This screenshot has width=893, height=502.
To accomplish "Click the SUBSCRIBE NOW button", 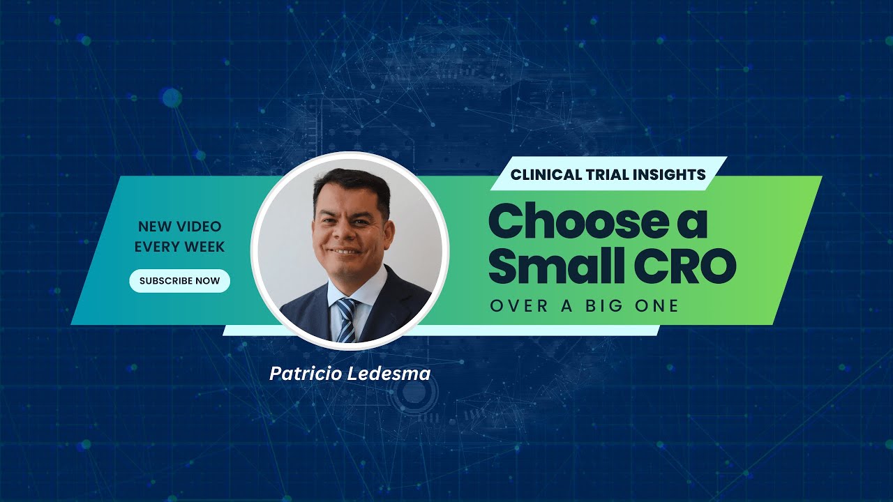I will [x=179, y=281].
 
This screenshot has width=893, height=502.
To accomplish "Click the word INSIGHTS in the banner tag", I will [x=670, y=174].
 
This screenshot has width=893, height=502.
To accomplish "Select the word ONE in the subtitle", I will [x=656, y=305].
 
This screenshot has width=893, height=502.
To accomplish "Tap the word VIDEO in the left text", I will [x=198, y=227].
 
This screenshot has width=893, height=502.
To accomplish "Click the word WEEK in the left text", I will [x=205, y=246].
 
